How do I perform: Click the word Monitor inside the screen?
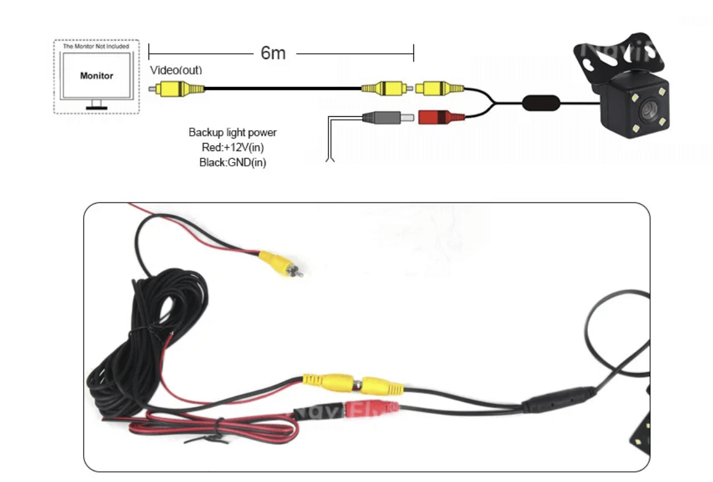(x=97, y=76)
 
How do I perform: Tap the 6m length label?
(x=273, y=53)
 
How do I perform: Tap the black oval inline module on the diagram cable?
(x=541, y=102)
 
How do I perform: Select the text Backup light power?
(x=232, y=133)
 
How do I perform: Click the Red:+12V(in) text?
(x=232, y=147)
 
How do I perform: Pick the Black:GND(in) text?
(x=232, y=162)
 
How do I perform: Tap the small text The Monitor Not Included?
(x=96, y=46)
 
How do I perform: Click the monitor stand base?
(x=97, y=107)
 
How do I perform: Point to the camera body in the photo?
(x=641, y=429)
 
